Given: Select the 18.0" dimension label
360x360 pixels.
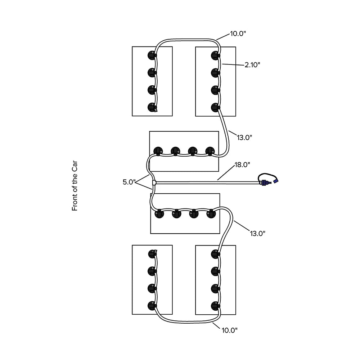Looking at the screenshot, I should pos(242,165).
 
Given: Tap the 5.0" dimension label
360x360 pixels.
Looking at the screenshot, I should pos(129,182).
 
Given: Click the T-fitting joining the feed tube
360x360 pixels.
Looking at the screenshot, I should pos(154,183).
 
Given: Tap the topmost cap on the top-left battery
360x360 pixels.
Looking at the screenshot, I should pos(152,55).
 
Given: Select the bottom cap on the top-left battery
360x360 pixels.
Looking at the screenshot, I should pos(152,107).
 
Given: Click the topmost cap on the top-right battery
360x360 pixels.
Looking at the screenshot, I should pos(215,55).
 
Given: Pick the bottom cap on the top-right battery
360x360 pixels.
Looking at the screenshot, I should pos(215,107).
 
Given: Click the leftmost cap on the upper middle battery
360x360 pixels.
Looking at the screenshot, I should pos(158,151).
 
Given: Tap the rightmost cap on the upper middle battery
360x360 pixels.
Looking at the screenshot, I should pos(210,151).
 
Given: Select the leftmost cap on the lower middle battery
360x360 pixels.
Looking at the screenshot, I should pos(159,214).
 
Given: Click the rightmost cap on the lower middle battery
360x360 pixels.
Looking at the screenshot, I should pos(211,214).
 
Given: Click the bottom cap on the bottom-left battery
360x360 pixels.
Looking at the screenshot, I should pos(152,306).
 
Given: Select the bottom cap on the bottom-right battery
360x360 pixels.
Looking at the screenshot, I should pos(215,306).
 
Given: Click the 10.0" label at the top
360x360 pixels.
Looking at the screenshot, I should pos(238,34).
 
